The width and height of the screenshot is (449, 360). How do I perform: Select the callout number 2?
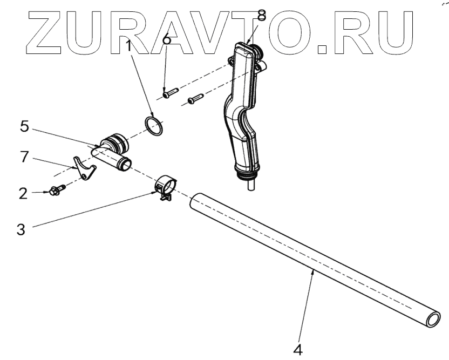tap(23, 193)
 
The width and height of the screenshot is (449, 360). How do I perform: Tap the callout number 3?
tap(21, 230)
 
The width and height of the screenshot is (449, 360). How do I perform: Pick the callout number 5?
tap(23, 127)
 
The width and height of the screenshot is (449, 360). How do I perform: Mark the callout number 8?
tap(262, 16)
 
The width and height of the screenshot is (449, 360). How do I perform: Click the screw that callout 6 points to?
tap(168, 93)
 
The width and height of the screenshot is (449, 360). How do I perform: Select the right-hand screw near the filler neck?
tap(194, 99)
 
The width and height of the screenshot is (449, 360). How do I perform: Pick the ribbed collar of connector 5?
tap(115, 142)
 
